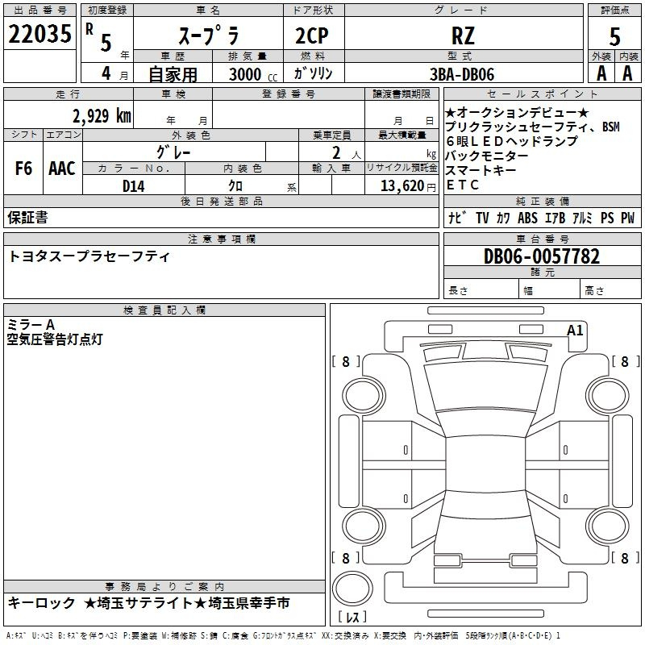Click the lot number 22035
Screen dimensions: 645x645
(40, 34)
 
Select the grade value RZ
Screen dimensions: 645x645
(463, 35)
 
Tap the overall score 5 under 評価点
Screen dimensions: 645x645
(614, 37)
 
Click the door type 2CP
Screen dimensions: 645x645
(312, 35)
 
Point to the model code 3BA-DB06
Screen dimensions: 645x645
(462, 74)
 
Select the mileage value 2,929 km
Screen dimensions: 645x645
(102, 116)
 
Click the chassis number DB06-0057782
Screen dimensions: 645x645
(542, 256)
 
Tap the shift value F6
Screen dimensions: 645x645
(23, 169)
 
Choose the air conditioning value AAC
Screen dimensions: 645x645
(62, 169)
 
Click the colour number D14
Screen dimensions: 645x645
(133, 186)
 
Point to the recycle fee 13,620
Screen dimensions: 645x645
(402, 186)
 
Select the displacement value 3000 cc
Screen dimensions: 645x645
(253, 74)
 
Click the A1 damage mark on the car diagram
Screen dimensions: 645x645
(575, 331)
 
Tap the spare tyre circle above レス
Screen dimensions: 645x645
(352, 588)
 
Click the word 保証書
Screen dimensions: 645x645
(27, 218)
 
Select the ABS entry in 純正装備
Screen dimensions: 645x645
(527, 218)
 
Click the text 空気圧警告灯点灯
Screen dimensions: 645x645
(55, 339)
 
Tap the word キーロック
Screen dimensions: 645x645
(42, 603)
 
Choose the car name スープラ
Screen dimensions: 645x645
(209, 35)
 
